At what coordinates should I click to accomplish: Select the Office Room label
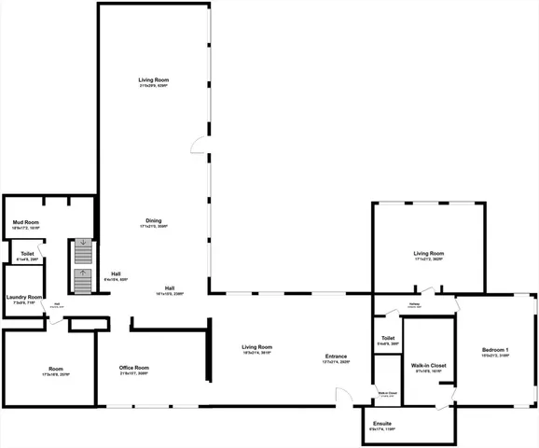(134, 368)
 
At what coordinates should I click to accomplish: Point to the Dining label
(153, 221)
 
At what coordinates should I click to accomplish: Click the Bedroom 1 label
(494, 350)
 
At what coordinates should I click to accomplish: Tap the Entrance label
(337, 356)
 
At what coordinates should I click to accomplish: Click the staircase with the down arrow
(84, 250)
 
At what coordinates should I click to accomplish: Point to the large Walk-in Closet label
(428, 365)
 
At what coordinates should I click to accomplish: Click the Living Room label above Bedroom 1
(429, 253)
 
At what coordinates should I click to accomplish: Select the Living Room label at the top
(153, 82)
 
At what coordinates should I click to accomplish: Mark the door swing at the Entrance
(345, 398)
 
